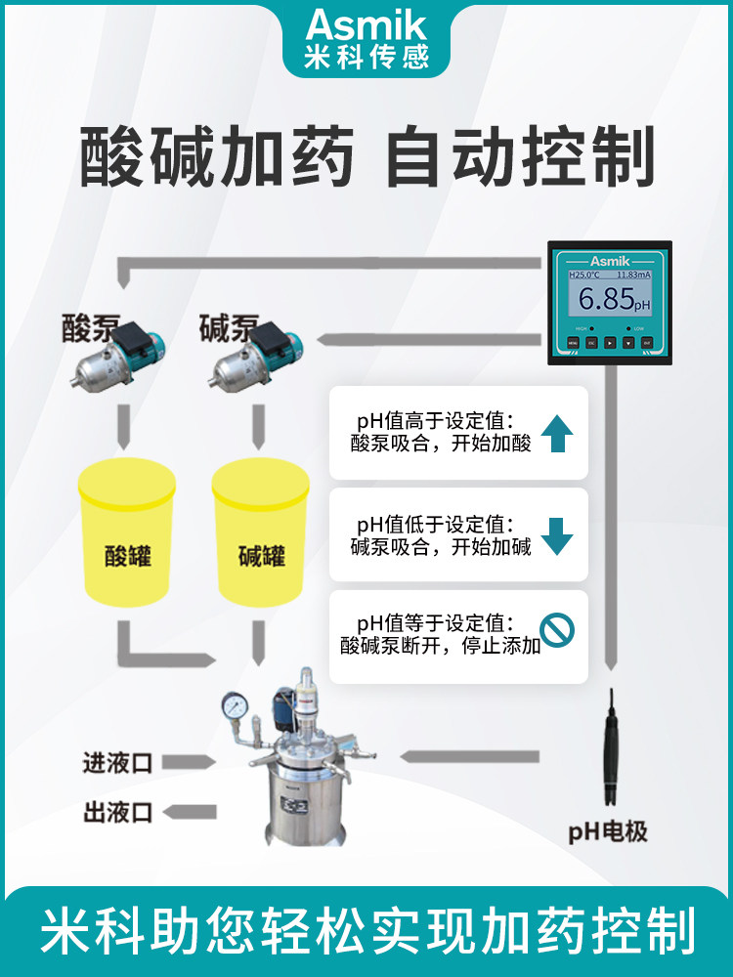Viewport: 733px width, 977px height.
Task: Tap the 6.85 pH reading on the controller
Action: click(x=606, y=300)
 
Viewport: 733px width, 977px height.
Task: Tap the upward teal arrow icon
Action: click(x=555, y=433)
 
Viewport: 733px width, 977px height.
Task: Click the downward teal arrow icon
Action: click(x=556, y=535)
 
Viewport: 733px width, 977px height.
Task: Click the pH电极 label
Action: click(x=607, y=832)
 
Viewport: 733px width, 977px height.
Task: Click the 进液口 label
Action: click(x=117, y=763)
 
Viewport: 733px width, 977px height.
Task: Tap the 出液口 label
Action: click(x=117, y=812)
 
